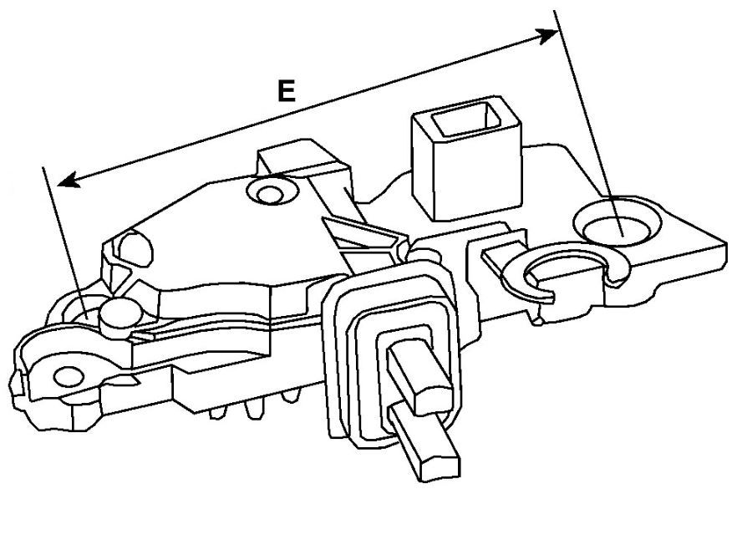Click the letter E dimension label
tap(286, 90)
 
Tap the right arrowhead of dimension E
tap(546, 35)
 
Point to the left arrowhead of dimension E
tap(69, 180)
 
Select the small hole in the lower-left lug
tap(69, 376)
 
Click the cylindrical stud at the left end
tap(120, 318)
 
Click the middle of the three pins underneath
tap(253, 410)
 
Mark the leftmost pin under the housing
tap(218, 412)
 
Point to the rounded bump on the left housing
tap(135, 247)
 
